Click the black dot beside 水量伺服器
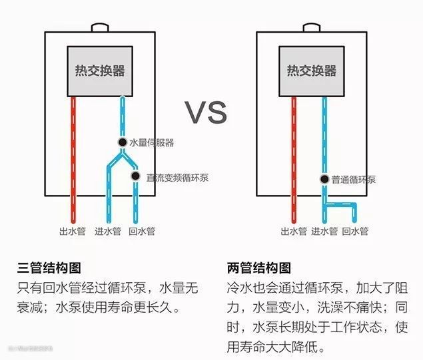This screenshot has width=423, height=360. point(123,142)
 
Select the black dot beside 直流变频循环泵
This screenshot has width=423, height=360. point(135,176)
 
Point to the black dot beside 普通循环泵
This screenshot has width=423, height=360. point(324,180)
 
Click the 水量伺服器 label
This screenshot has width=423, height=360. point(151,142)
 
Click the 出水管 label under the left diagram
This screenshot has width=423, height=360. point(73,232)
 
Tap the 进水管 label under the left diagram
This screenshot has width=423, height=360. point(107,232)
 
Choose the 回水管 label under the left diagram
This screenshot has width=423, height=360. point(141,232)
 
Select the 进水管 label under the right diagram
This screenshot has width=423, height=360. point(324,232)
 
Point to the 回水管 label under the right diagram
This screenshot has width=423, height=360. point(355,232)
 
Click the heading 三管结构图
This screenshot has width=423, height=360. point(49,268)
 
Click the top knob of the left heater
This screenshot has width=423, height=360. point(101,28)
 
